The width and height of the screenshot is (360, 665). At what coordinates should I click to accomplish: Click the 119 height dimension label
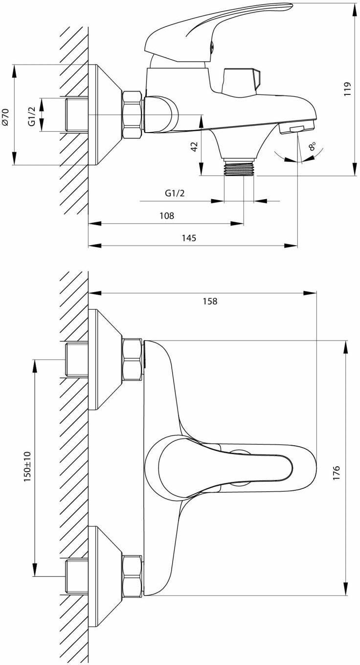coord(348,89)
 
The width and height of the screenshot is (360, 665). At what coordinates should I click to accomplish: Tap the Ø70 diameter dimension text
coord(5,117)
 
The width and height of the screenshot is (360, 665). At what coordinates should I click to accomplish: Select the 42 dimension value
coord(194,146)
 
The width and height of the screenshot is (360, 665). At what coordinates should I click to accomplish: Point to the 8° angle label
coord(312,146)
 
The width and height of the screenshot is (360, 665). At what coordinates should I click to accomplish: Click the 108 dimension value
coord(167,216)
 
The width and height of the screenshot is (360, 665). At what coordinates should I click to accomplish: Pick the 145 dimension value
coord(188,238)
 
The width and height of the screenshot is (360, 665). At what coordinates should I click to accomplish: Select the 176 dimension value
coord(336,474)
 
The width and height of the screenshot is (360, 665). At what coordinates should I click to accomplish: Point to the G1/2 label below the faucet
coord(175,193)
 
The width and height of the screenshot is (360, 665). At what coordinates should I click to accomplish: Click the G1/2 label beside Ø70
coord(31,115)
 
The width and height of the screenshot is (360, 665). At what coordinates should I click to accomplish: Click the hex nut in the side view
coord(132,115)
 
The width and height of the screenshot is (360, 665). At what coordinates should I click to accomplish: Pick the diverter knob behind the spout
coord(240,80)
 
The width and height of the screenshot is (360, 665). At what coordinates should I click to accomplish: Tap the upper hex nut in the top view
coord(132,360)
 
